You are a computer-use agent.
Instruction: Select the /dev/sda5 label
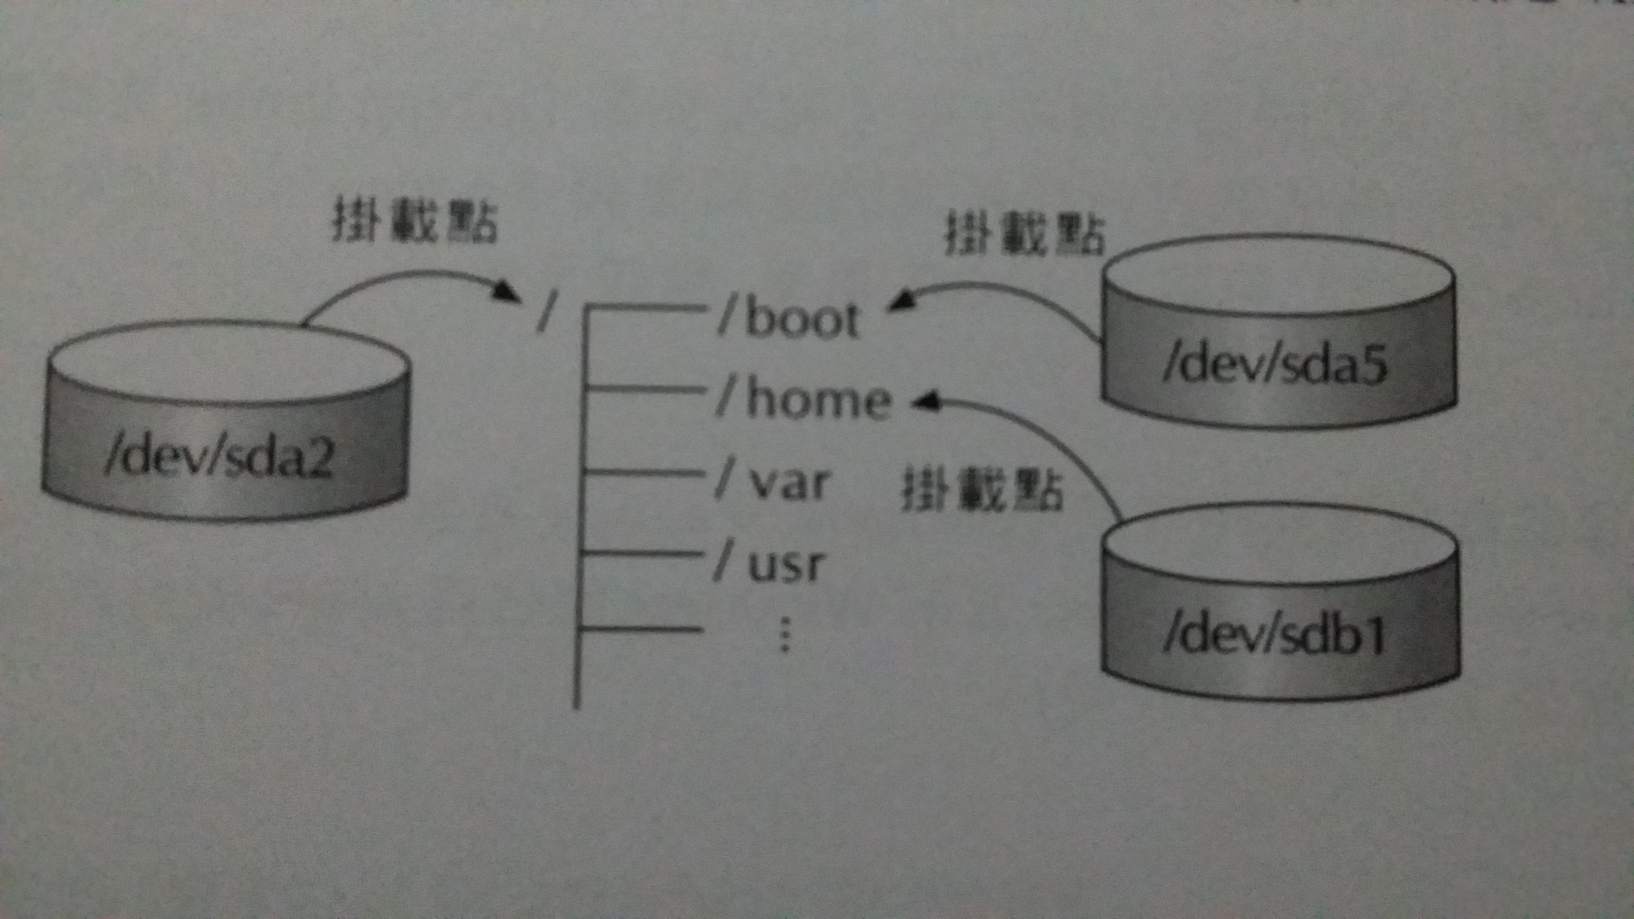(x=1275, y=366)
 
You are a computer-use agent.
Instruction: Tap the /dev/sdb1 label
(x=1275, y=636)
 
